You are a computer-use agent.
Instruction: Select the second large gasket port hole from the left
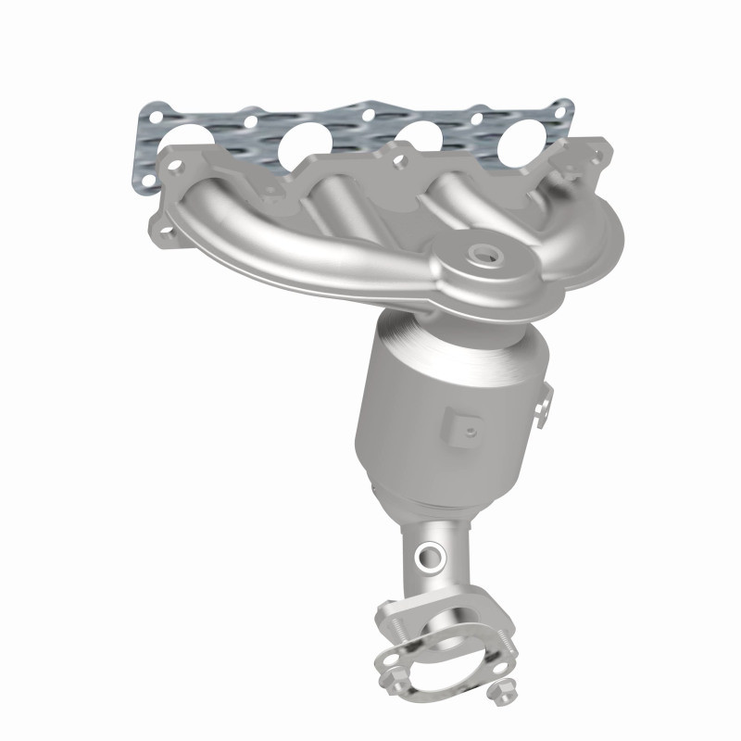(306, 141)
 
